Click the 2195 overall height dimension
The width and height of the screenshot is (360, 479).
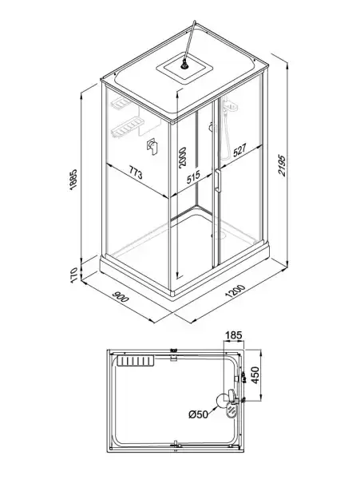[282, 165]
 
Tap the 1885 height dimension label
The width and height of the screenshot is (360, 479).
[74, 180]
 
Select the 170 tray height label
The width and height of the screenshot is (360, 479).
[74, 275]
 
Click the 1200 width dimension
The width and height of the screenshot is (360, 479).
[235, 291]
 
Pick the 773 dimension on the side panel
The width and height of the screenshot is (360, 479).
[135, 173]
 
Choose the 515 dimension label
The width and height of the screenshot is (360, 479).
[193, 177]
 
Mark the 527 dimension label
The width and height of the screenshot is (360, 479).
[239, 150]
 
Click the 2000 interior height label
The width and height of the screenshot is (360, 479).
[182, 157]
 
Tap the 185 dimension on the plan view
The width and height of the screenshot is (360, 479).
[234, 335]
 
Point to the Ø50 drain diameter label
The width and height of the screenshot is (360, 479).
[198, 414]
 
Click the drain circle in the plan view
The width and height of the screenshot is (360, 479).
[222, 401]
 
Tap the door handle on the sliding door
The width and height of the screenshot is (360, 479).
[218, 180]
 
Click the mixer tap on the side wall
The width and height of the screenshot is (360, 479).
[152, 147]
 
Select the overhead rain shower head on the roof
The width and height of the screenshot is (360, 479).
[184, 65]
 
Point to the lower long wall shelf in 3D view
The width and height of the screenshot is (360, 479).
[127, 128]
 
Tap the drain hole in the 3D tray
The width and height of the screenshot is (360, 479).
[219, 235]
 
